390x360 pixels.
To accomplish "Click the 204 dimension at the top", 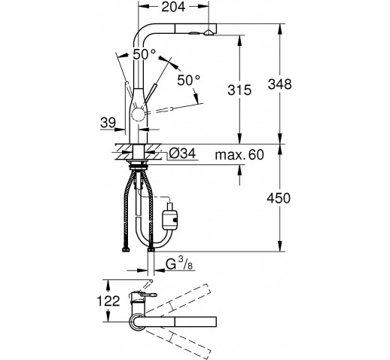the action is [173, 7].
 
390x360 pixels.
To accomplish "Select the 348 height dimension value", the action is [280, 84].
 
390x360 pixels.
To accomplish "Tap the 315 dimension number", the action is [239, 90].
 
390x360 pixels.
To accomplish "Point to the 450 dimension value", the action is [279, 198].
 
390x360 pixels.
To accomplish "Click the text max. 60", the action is [239, 154].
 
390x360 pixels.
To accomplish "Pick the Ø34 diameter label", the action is [182, 153].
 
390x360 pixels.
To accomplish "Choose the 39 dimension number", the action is [108, 123].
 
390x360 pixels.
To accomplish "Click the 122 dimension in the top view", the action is [108, 301].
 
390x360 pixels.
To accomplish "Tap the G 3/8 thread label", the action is [179, 264].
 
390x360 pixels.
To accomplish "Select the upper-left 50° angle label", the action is [144, 54].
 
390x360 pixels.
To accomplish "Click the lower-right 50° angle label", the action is [189, 80].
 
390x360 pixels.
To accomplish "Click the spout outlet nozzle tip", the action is [209, 32].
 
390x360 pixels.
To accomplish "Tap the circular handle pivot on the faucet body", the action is [138, 116].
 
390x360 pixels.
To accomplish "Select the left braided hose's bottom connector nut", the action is [126, 250].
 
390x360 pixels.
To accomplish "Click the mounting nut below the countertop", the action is [138, 165].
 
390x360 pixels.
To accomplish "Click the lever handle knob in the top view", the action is [149, 295].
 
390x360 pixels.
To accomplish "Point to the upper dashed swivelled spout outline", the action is [178, 299].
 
